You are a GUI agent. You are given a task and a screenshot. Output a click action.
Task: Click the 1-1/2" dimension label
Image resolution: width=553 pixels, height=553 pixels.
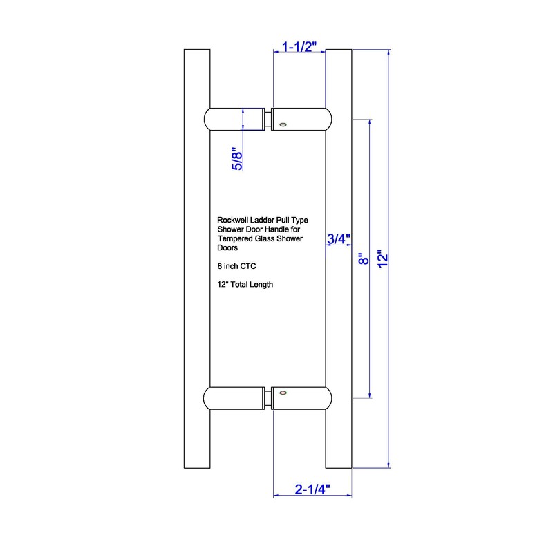coord(299,46)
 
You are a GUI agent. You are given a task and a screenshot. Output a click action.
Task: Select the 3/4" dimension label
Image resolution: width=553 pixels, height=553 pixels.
coord(339,239)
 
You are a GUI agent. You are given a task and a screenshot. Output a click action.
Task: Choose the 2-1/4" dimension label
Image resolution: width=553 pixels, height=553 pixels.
coord(312,489)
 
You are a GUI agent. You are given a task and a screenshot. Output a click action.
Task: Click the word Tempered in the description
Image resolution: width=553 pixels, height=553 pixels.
coord(234,238)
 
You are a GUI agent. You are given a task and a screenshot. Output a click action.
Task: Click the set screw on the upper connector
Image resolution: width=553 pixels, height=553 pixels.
coord(282,124)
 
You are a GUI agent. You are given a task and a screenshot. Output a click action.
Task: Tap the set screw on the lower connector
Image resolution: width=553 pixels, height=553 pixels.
coord(281,393)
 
